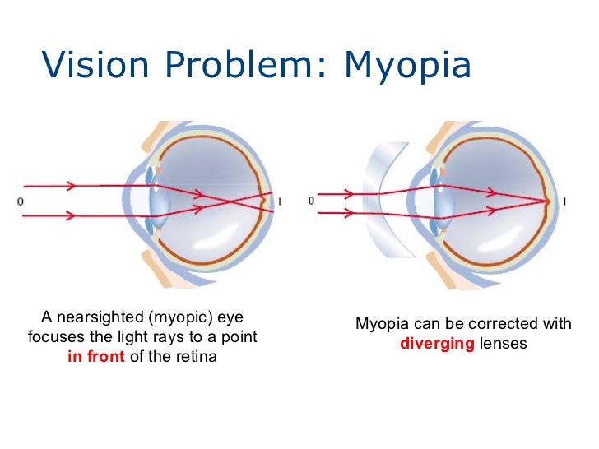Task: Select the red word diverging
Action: click(437, 344)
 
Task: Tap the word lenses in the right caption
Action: click(503, 344)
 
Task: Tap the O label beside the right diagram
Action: click(311, 201)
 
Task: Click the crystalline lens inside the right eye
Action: click(445, 201)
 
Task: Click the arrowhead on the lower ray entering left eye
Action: click(72, 215)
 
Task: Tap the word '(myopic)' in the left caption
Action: click(173, 317)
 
